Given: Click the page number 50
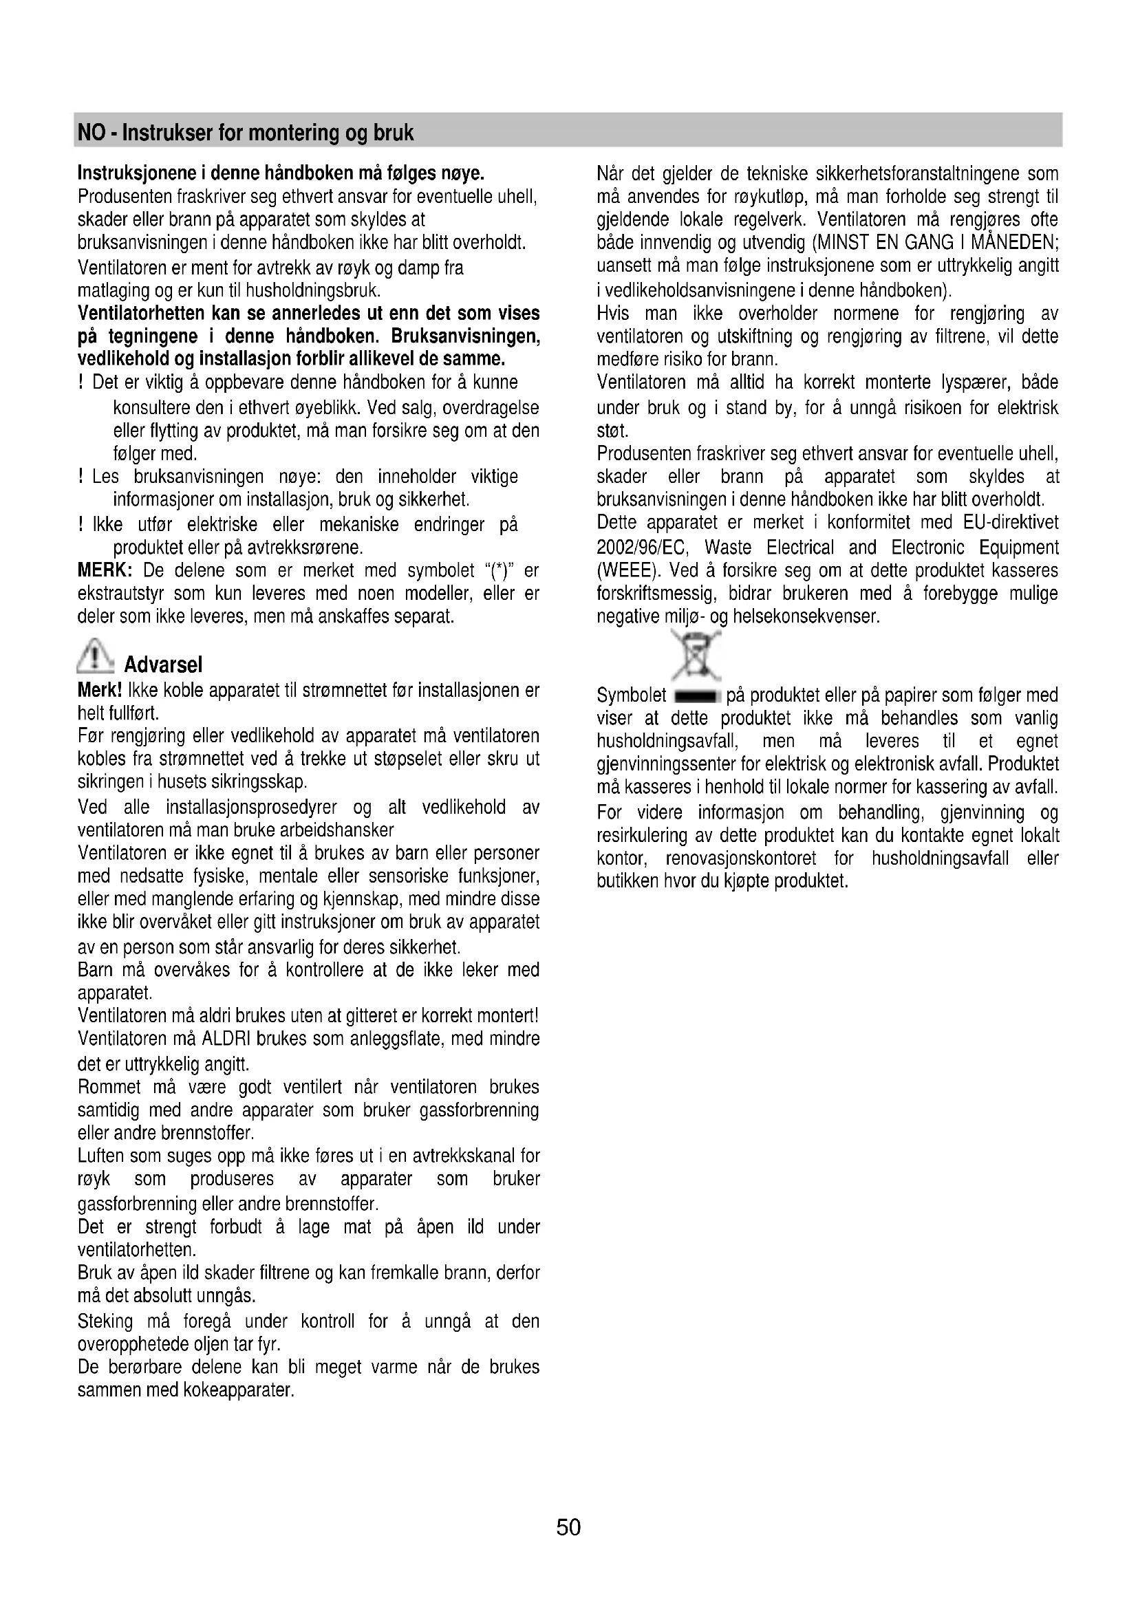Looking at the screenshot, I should pyautogui.click(x=568, y=1526).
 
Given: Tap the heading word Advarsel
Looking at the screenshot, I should pyautogui.click(x=163, y=665).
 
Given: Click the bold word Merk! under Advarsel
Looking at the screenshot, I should pyautogui.click(x=100, y=691).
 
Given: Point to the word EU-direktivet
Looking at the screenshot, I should pyautogui.click(x=1010, y=523).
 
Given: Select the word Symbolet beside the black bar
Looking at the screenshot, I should pyautogui.click(x=632, y=696).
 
